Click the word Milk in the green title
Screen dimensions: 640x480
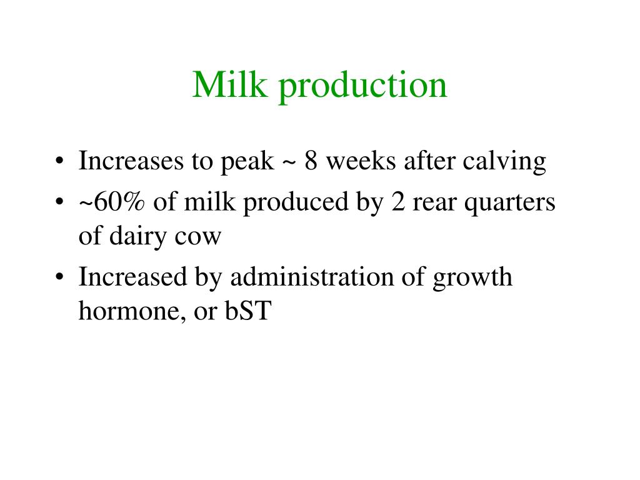click(230, 84)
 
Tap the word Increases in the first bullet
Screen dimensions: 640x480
click(131, 161)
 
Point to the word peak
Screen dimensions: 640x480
click(247, 162)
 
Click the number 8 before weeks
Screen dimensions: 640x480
click(311, 161)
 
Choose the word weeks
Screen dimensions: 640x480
click(361, 161)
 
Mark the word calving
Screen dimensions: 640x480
click(504, 162)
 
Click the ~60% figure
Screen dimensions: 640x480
click(111, 202)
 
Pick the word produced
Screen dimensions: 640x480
click(296, 204)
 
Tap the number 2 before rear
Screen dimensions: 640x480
click(398, 202)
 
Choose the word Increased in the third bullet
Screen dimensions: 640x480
click(132, 277)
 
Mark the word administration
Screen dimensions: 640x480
click(312, 277)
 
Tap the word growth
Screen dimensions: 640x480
click(472, 278)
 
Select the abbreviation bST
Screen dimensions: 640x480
click(248, 311)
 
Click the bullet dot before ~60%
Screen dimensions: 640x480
click(59, 202)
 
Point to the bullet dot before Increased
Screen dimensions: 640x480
click(59, 277)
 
